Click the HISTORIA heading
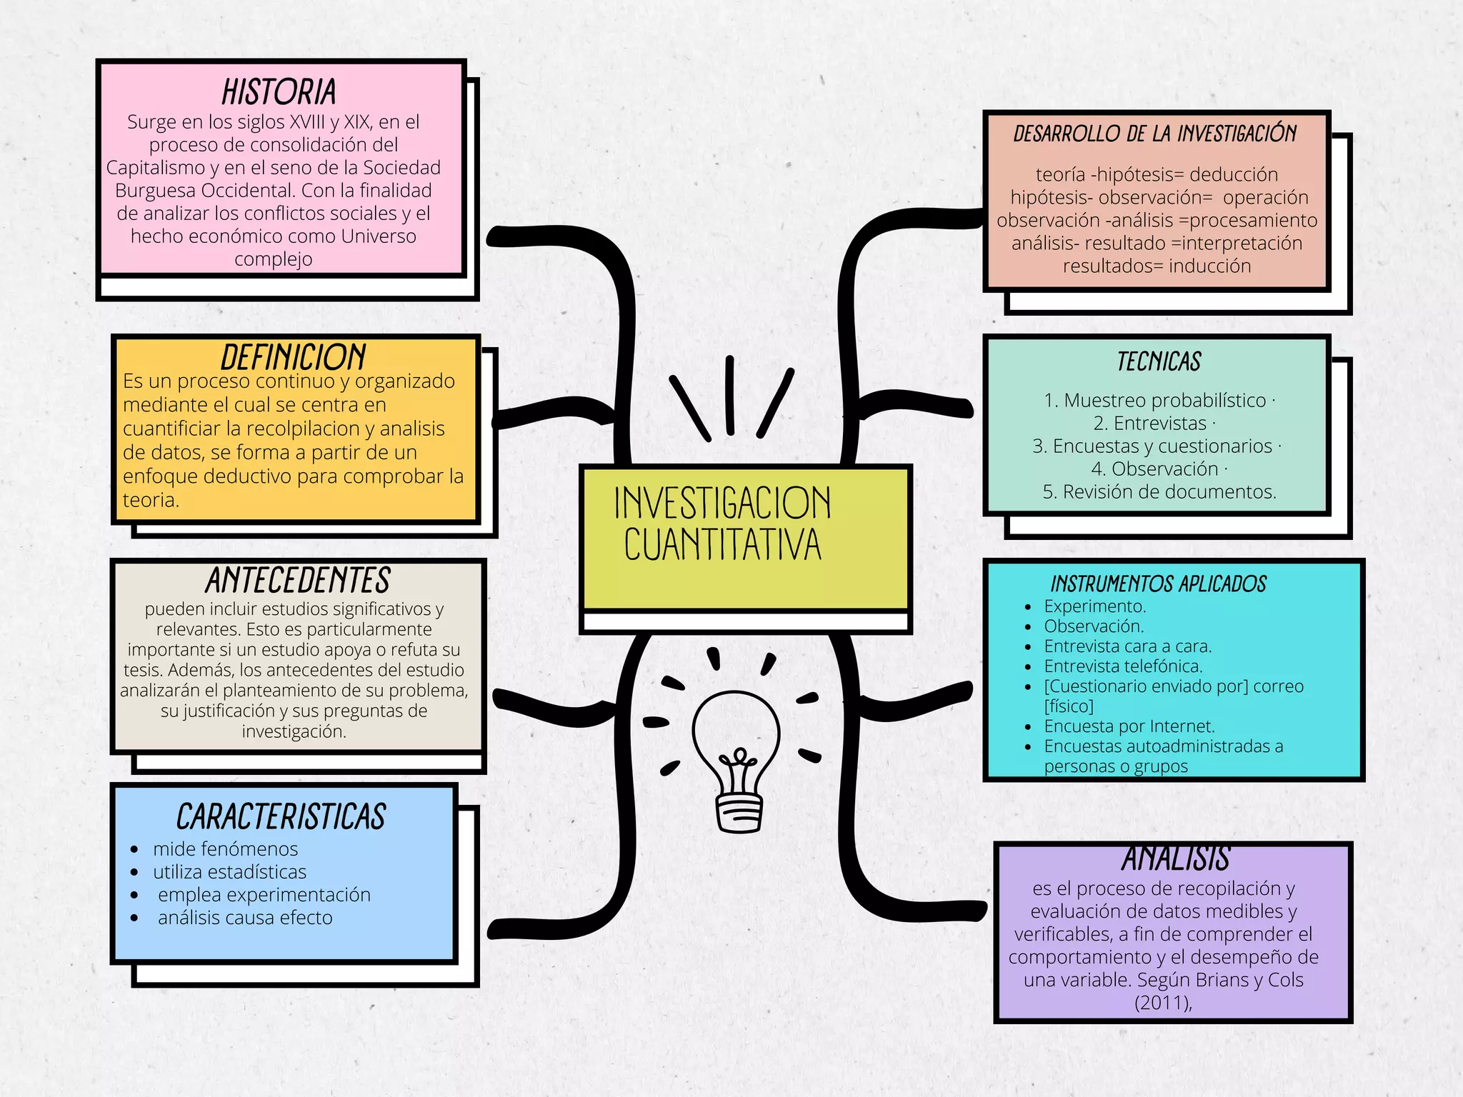[279, 93]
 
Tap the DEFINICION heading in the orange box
[293, 356]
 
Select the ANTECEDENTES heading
[298, 580]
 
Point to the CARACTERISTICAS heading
[281, 816]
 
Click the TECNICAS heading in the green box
[1159, 362]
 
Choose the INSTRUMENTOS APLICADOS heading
[1158, 584]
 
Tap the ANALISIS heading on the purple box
[1175, 859]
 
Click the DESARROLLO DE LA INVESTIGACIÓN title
[1155, 134]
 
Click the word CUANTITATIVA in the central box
[722, 545]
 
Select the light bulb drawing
[737, 759]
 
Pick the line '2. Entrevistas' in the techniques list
[1150, 424]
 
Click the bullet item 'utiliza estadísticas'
[229, 872]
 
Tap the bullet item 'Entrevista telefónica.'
[1123, 666]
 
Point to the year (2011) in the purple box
[1163, 1003]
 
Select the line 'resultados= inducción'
[1157, 266]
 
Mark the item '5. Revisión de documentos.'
[1159, 492]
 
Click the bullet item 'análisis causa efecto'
[245, 918]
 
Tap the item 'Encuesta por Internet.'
[1129, 726]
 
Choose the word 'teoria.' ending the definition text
[151, 500]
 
